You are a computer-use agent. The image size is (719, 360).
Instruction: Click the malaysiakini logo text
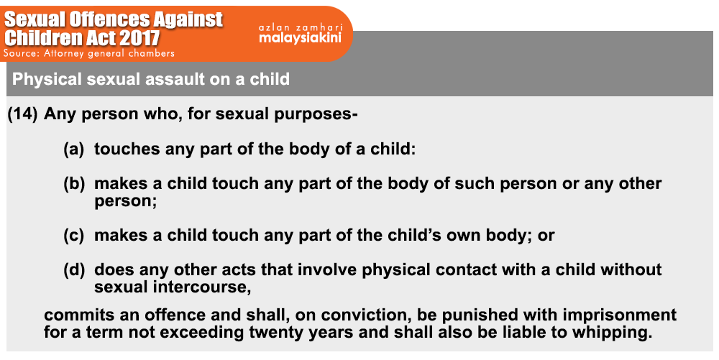tap(300, 37)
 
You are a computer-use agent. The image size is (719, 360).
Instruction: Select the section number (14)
tap(22, 114)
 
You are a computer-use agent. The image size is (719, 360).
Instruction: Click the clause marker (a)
tap(74, 149)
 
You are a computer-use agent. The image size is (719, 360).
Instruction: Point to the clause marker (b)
tap(74, 183)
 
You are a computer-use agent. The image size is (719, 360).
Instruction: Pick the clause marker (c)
tap(74, 235)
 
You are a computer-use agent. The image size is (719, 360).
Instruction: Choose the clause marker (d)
tap(74, 269)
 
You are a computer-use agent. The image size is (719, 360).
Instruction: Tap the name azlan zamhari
tap(301, 27)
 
